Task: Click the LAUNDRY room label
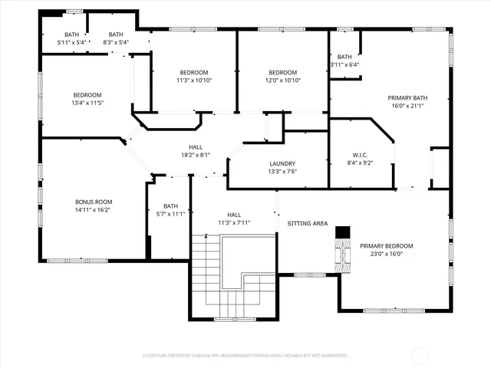point(277,163)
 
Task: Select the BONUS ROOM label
point(93,202)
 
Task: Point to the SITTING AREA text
point(308,223)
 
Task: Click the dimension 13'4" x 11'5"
point(87,103)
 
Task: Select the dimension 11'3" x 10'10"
point(194,80)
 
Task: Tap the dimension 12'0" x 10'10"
point(282,80)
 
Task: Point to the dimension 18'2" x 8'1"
point(196,154)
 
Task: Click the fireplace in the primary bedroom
point(341,256)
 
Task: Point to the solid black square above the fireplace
point(343,232)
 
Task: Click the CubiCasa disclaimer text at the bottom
point(245,355)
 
